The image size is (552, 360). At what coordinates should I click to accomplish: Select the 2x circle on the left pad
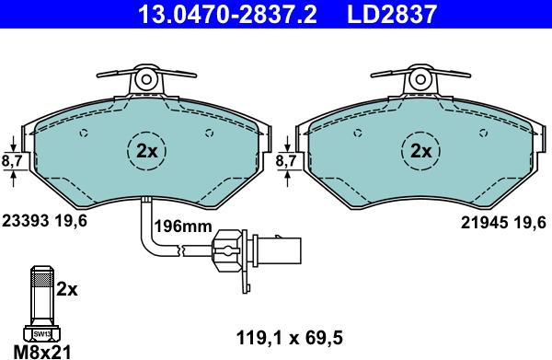(146, 149)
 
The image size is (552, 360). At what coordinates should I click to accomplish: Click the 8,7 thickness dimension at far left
(13, 161)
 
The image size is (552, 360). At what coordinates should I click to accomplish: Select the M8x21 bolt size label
(40, 351)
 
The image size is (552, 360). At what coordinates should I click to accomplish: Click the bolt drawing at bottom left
(41, 299)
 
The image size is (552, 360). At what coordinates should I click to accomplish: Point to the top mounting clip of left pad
(146, 79)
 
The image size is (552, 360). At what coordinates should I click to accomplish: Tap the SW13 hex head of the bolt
(41, 333)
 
